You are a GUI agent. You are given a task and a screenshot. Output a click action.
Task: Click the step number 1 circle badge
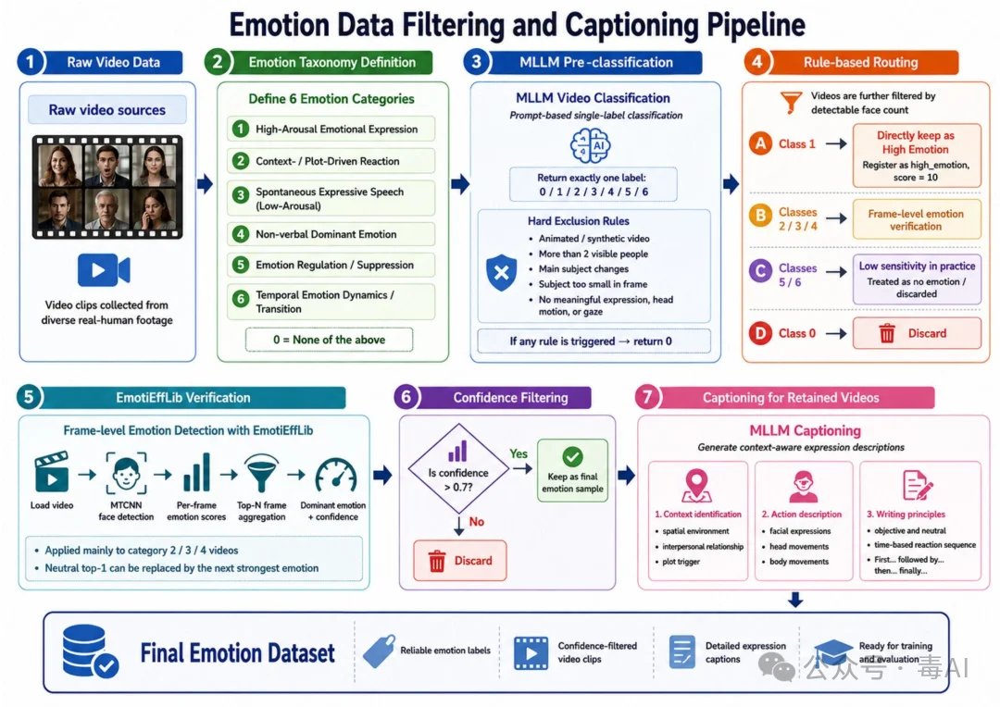tap(30, 62)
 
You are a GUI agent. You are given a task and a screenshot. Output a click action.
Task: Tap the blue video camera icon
tap(104, 269)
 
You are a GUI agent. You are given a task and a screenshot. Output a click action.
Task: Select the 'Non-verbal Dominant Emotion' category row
tap(331, 234)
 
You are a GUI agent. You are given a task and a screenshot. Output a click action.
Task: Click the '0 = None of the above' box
tap(329, 340)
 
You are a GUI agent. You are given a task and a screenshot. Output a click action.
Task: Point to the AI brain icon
tap(590, 145)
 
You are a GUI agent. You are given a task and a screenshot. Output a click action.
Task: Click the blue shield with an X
tap(501, 272)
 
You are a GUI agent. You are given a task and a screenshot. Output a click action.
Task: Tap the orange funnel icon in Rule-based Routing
tap(791, 102)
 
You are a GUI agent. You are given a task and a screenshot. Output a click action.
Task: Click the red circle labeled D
tap(760, 333)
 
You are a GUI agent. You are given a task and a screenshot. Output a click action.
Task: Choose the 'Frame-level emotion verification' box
tap(916, 220)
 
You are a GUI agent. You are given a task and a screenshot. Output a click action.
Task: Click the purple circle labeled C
tap(760, 271)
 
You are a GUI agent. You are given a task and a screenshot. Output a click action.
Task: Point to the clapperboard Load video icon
tap(52, 472)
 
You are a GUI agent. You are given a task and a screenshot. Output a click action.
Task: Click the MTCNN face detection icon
tap(126, 473)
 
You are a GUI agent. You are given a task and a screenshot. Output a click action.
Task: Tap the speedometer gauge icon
tap(336, 476)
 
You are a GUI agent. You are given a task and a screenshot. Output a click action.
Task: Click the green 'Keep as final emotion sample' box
tap(572, 470)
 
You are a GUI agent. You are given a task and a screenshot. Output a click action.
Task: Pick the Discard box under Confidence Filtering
tap(460, 561)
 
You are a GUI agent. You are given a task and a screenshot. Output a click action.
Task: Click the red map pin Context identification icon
tap(696, 486)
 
